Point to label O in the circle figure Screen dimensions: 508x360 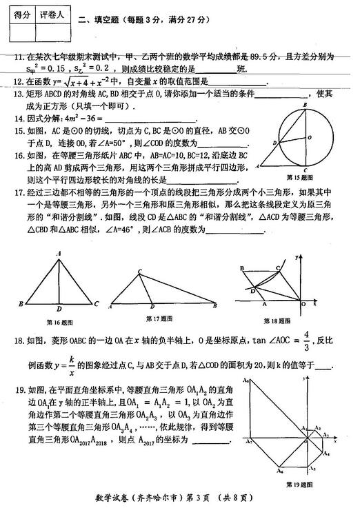[310, 136]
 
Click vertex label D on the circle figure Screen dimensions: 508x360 [274, 144]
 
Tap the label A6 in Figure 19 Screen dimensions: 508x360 [279, 471]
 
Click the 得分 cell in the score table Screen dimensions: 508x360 [20, 14]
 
